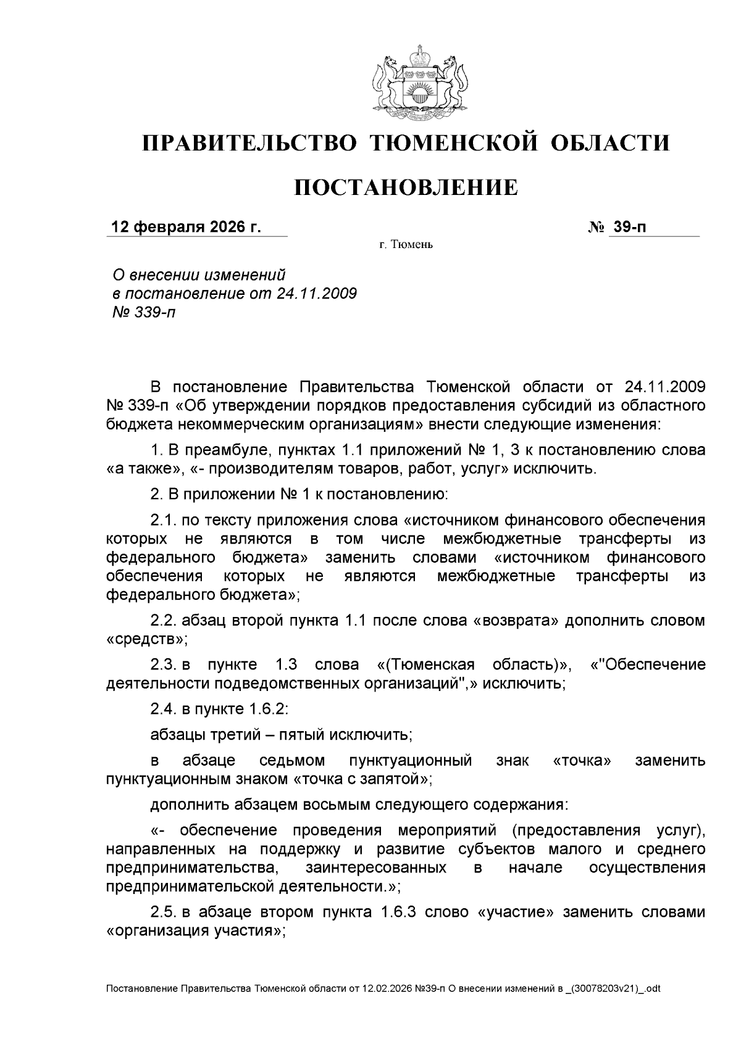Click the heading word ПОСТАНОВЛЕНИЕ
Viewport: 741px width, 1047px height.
pos(405,187)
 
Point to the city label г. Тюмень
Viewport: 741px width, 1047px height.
pos(406,246)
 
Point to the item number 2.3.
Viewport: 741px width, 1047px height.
pos(164,664)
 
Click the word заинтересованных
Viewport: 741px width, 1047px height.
pos(376,868)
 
